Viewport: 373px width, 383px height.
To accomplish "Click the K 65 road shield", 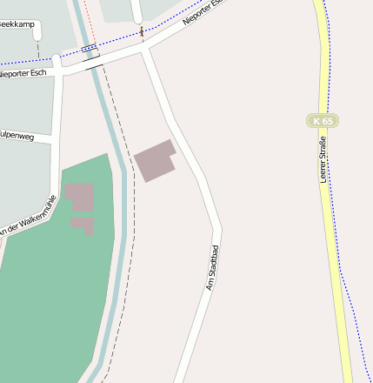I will coord(322,120).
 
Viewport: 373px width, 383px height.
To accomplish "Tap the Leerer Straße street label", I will coord(323,158).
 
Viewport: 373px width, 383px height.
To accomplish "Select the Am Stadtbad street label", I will coord(211,267).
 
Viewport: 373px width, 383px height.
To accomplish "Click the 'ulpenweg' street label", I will coord(17,135).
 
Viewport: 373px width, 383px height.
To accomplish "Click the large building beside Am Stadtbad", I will coord(155,160).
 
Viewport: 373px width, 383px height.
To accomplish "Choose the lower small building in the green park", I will coord(83,225).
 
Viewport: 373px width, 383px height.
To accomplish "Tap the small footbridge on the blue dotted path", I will coord(89,49).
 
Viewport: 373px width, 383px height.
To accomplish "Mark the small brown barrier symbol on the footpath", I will coord(143,32).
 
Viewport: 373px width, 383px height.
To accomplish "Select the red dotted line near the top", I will coord(90,17).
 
